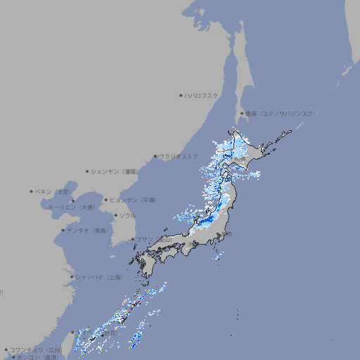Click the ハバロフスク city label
pos(202,95)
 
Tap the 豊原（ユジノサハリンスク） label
pos(280,113)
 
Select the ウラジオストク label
pos(179,156)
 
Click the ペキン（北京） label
pos(53,191)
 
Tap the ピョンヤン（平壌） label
pos(134,200)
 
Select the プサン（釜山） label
pos(154,239)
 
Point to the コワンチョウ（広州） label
pos(36,349)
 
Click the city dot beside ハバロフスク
pos(181,95)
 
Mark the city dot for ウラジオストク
pos(155,156)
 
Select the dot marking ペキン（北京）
pos(32,191)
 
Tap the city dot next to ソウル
pos(115,215)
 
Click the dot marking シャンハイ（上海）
pos(72,277)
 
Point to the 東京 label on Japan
pos(227,234)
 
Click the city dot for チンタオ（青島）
pos(63,231)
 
